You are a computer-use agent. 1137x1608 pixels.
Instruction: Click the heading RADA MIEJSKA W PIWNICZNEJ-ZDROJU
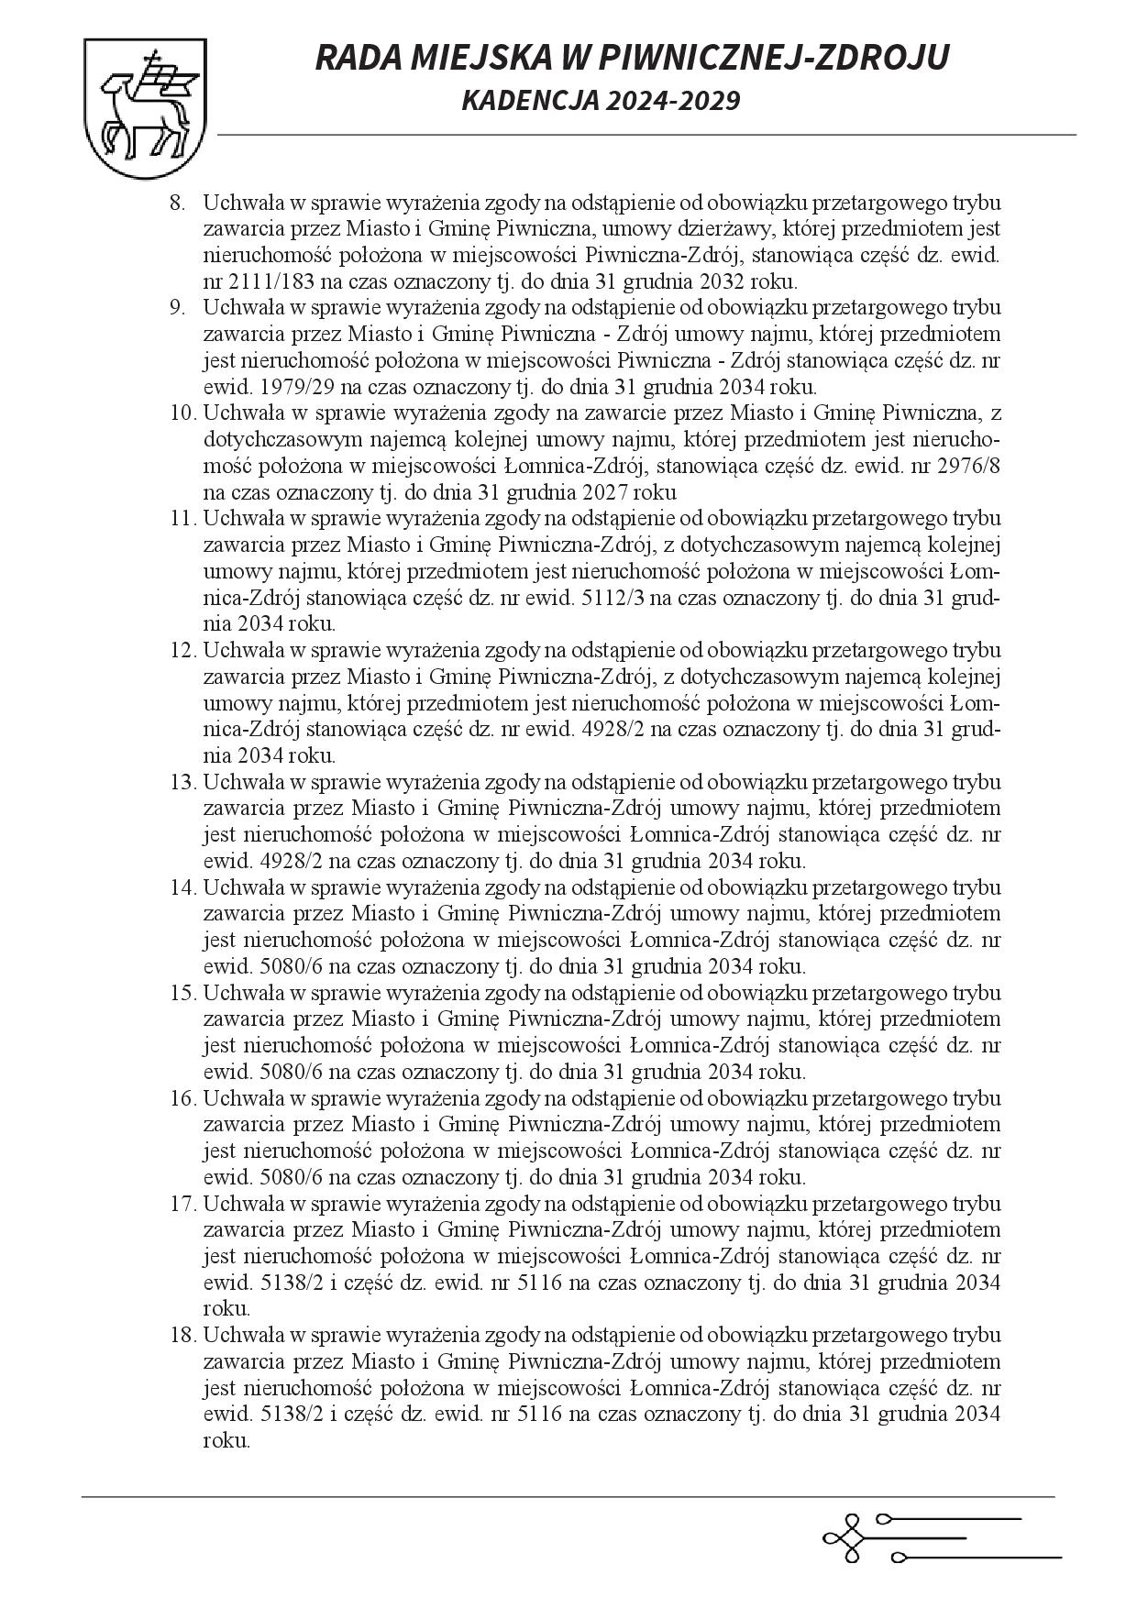point(632,58)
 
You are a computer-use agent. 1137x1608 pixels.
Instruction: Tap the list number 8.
point(177,202)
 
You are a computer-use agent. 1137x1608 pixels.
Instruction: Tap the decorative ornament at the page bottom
point(940,1536)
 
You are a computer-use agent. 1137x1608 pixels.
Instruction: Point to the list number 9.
point(177,307)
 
